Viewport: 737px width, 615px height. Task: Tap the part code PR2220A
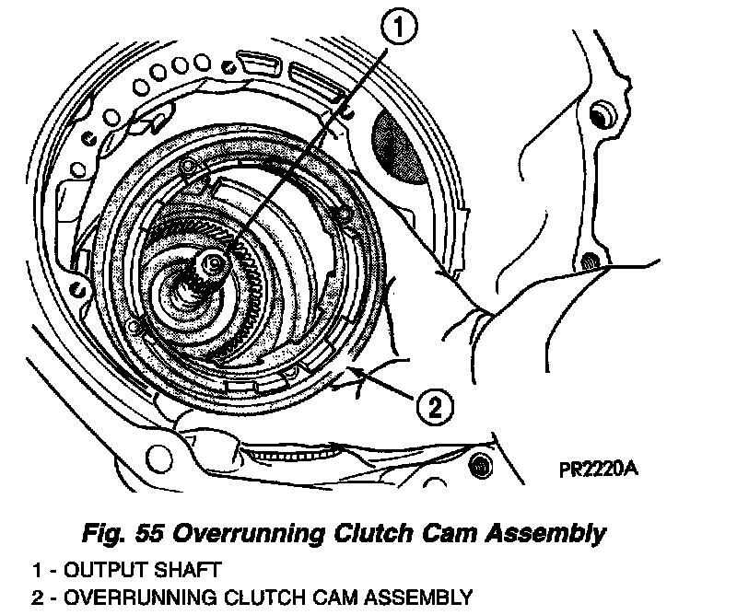pos(599,468)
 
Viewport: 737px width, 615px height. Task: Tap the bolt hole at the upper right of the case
pos(600,115)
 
